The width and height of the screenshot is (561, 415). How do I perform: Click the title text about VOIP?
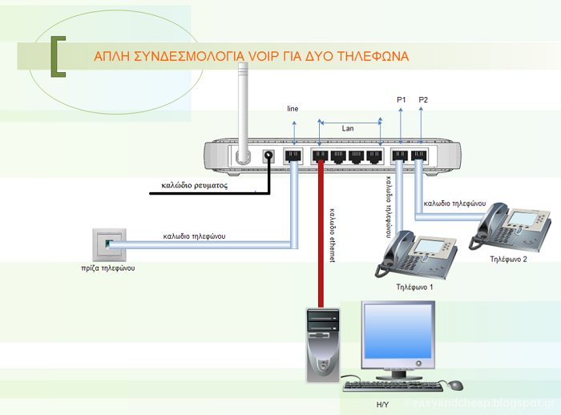[251, 57]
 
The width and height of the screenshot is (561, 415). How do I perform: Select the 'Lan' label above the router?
[348, 128]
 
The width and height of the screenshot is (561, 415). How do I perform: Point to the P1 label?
[402, 99]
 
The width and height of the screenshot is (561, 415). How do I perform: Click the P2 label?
[423, 99]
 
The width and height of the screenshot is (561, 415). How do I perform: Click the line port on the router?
[293, 156]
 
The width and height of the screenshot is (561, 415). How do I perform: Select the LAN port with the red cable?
[321, 156]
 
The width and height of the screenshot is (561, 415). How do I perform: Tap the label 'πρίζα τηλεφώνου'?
[107, 268]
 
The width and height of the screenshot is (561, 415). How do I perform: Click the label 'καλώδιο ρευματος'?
[195, 185]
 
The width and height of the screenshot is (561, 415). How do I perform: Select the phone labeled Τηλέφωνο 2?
[512, 225]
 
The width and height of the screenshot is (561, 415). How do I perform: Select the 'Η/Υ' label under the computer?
[382, 405]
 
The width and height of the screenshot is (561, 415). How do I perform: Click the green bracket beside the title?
[57, 57]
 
